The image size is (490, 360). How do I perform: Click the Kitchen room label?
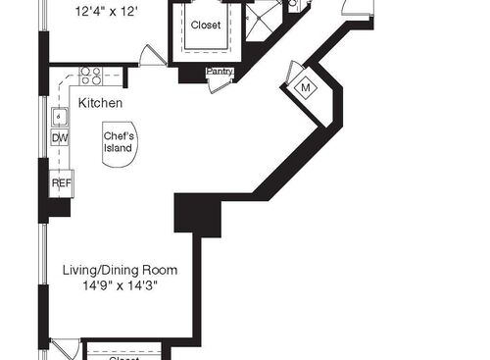tap(100, 103)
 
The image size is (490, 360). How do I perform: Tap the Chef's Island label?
tap(119, 141)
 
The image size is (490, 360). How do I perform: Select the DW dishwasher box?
tap(60, 138)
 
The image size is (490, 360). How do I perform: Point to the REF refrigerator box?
tap(61, 182)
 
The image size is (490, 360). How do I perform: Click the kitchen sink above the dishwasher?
tap(60, 117)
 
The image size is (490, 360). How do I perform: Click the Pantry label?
tap(219, 72)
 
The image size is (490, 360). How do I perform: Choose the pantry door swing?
tap(219, 84)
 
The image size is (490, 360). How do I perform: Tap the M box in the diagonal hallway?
tap(305, 87)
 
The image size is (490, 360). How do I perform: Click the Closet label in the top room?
tap(206, 26)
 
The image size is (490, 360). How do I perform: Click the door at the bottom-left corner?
tap(63, 348)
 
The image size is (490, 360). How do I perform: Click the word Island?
tap(119, 148)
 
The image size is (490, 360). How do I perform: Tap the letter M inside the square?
tap(305, 87)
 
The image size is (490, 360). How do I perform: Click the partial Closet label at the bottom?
tap(123, 357)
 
